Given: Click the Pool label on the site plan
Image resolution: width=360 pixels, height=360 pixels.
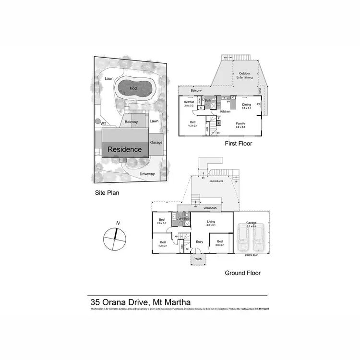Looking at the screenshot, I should (x=133, y=89).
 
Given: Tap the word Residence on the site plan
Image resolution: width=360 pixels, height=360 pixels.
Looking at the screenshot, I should (x=124, y=149).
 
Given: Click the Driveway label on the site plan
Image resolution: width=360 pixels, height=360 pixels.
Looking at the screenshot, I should (x=147, y=174).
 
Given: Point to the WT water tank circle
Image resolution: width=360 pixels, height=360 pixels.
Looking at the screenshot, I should (x=98, y=121).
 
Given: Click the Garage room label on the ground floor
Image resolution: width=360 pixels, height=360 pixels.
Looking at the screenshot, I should (x=252, y=223).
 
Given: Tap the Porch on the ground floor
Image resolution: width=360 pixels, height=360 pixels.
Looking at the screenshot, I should (x=197, y=259).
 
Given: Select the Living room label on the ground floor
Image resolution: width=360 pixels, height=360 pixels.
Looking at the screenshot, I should (x=211, y=222).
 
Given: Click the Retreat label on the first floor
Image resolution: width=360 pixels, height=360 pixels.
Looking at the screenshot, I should (x=189, y=102).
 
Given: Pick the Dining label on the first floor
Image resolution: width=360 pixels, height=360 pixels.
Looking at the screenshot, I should (x=246, y=105).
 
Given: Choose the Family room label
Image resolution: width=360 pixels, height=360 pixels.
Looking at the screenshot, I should (x=240, y=123).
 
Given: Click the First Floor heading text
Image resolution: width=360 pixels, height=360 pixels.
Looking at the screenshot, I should (x=238, y=144).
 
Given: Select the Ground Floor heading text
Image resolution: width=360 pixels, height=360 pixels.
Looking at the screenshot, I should (x=242, y=273).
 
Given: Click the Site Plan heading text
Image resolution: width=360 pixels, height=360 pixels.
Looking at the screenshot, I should (x=106, y=193).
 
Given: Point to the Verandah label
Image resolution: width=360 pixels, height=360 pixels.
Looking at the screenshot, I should (x=210, y=208).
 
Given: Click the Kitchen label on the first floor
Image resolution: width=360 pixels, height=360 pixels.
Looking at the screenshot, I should (x=225, y=111).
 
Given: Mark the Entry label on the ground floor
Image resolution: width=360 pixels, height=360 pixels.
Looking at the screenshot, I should (x=200, y=241).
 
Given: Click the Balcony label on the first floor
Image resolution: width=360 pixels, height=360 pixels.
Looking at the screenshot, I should (x=196, y=90).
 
